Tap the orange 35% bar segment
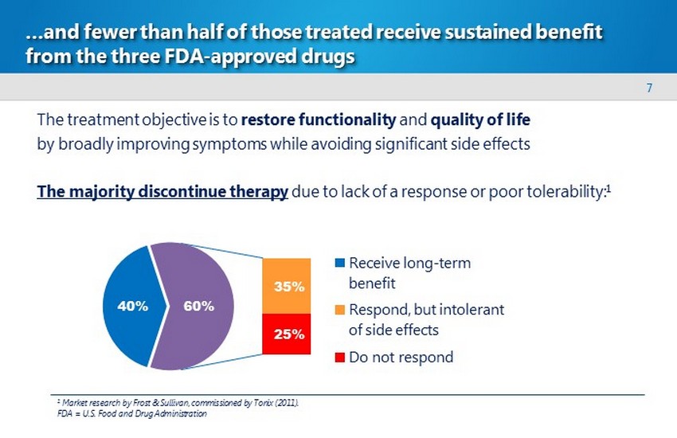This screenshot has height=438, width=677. (287, 286)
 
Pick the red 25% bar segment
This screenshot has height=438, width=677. (287, 335)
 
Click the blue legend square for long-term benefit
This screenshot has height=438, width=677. (340, 263)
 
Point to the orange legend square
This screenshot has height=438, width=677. (340, 309)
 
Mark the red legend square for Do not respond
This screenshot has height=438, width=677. (340, 357)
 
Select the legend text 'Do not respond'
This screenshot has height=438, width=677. (401, 357)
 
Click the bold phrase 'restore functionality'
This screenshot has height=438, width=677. (318, 120)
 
